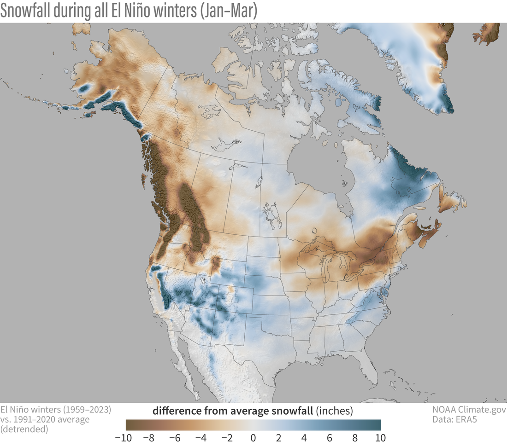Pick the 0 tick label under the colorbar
(253, 437)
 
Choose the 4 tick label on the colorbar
(304, 437)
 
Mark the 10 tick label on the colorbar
(381, 437)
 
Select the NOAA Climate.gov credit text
(469, 409)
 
